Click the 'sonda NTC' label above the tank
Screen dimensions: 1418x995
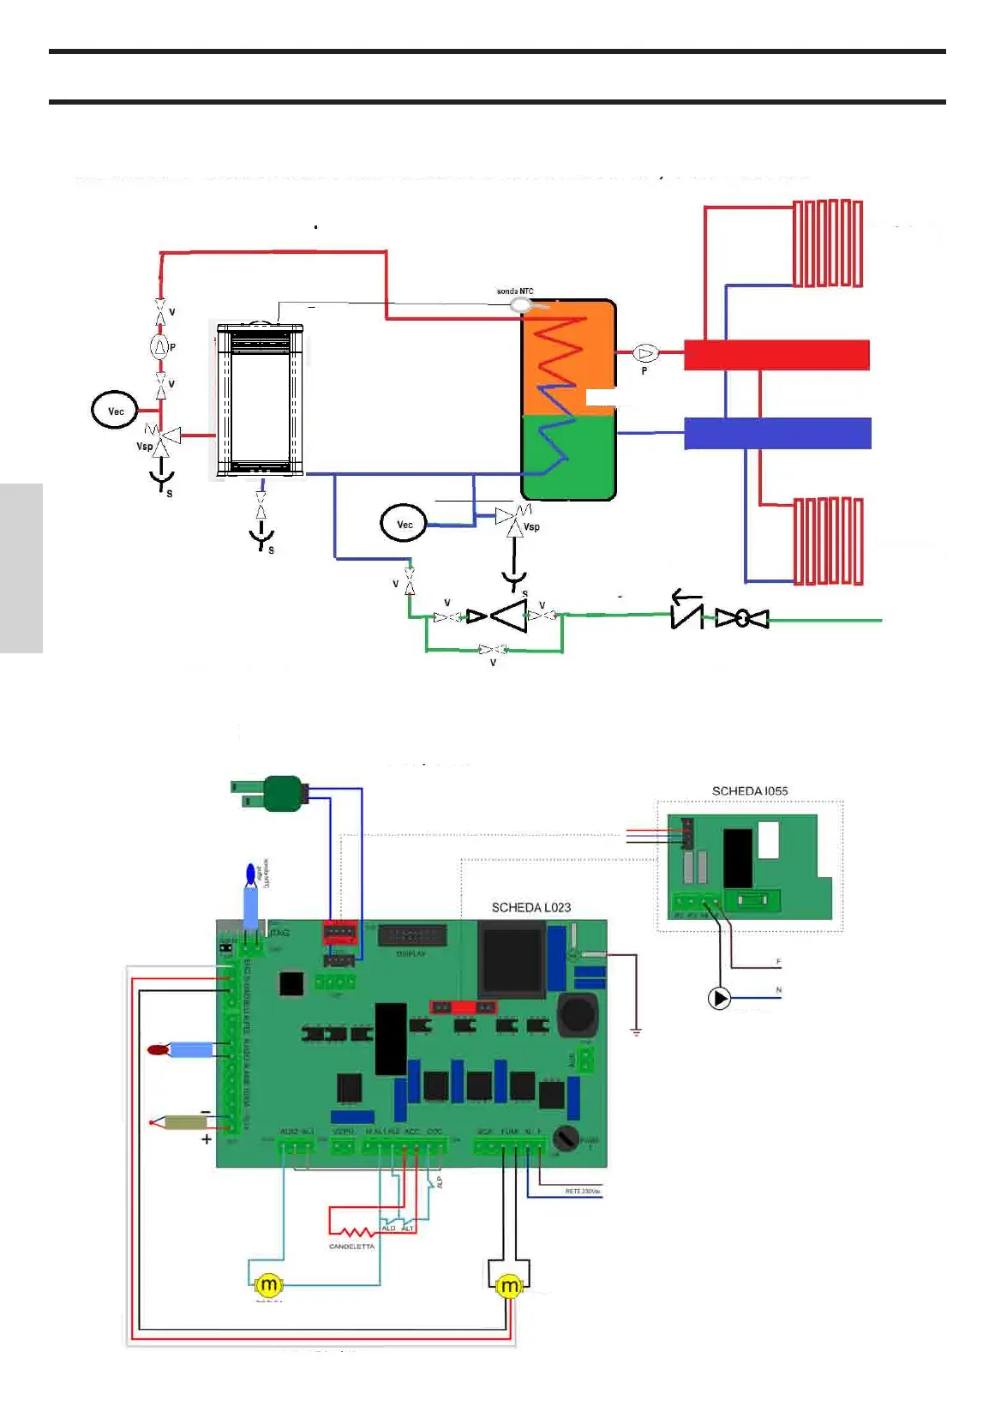click(514, 291)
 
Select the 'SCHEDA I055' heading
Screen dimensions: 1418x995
click(749, 790)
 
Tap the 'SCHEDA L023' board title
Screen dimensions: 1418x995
click(530, 907)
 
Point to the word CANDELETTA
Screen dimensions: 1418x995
click(351, 1247)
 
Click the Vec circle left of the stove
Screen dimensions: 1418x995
click(115, 411)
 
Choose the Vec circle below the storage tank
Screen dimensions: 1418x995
click(404, 524)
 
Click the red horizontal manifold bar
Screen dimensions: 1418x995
click(776, 355)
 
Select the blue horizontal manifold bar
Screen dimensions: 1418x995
click(776, 433)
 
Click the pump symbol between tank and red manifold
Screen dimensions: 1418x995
click(645, 353)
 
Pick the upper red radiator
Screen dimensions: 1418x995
click(827, 243)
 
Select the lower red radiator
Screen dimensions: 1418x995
click(828, 541)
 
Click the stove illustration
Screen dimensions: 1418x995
click(260, 400)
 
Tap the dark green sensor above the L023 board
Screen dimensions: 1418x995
click(283, 793)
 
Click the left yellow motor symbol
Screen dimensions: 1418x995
click(268, 1284)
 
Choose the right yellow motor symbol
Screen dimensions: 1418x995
click(509, 1286)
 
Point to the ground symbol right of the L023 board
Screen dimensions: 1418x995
click(636, 1031)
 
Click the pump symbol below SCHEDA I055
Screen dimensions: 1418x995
click(719, 998)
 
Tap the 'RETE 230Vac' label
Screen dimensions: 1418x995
click(583, 1192)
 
